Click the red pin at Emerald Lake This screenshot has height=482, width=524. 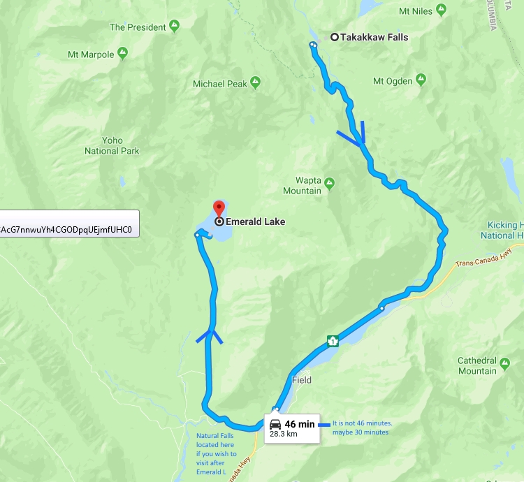[219, 208]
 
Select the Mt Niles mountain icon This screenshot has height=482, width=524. [440, 11]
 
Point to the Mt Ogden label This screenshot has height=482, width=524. [392, 81]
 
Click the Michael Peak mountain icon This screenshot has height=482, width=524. [256, 83]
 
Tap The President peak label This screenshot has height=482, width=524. [138, 27]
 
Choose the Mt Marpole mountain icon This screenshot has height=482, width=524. [123, 54]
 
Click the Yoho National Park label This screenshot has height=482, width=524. [112, 145]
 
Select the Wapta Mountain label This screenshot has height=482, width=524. [302, 186]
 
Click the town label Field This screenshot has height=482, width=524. [302, 381]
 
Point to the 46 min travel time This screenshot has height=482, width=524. [300, 424]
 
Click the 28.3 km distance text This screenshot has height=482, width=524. [284, 434]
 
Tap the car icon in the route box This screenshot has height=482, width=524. [275, 424]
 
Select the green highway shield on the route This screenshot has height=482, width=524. [333, 341]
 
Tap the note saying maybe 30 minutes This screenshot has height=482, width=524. [361, 432]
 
